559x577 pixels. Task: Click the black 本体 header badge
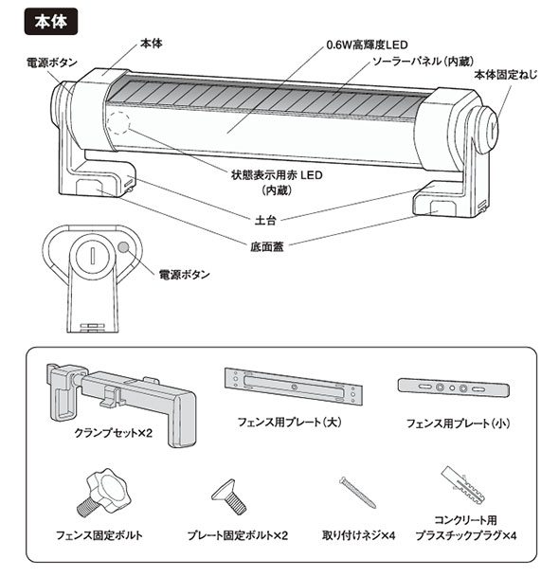[x=51, y=22]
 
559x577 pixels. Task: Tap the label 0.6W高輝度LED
[x=367, y=45]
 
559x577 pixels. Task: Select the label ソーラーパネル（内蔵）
[x=423, y=61]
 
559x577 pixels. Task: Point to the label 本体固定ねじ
[x=505, y=75]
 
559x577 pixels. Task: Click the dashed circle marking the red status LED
[x=118, y=122]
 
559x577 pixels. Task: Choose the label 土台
[x=265, y=220]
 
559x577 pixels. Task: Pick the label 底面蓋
[x=267, y=246]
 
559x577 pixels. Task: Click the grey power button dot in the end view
[x=124, y=247]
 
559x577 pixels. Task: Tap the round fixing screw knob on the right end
[x=488, y=129]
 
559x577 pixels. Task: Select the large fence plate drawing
[x=294, y=387]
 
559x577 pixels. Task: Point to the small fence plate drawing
[x=454, y=388]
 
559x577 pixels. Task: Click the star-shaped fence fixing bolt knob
[x=104, y=493]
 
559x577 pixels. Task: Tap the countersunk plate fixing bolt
[x=229, y=496]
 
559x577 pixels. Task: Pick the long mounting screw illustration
[x=357, y=492]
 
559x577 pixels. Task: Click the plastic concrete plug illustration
[x=462, y=485]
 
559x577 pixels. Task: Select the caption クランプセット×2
[x=114, y=433]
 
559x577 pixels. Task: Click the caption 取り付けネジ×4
[x=359, y=535]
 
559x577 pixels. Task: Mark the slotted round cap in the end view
[x=92, y=254]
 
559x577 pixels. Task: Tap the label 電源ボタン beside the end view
[x=185, y=274]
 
